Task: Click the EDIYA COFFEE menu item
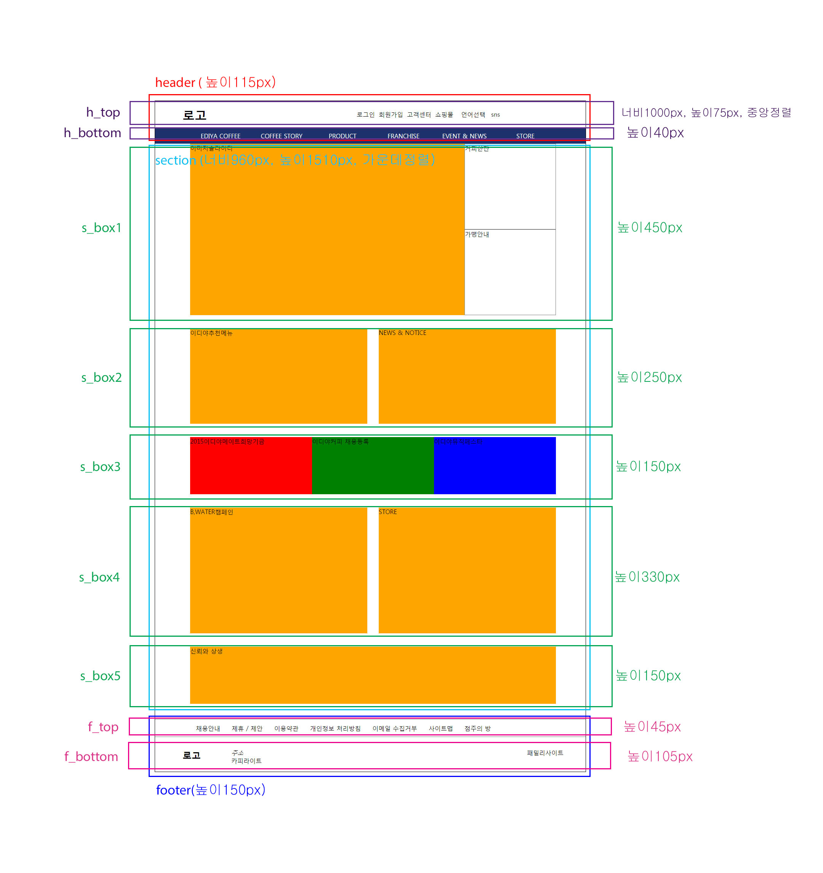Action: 221,136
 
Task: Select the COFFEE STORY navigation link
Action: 282,136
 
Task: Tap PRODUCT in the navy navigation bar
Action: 343,136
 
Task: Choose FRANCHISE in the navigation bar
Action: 403,136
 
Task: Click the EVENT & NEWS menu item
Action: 464,136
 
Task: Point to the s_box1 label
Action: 101,228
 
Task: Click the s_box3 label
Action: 100,467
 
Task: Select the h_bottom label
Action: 92,133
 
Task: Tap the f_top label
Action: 103,727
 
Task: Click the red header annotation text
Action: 215,82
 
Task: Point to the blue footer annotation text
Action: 210,790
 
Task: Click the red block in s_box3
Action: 251,466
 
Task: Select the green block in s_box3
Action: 373,466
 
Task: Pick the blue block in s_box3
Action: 495,466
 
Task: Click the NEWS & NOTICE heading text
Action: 402,333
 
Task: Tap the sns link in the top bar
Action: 495,115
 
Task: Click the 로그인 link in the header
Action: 365,115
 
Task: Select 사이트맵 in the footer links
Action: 440,729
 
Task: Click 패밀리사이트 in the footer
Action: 544,753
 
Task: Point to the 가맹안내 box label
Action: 477,234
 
